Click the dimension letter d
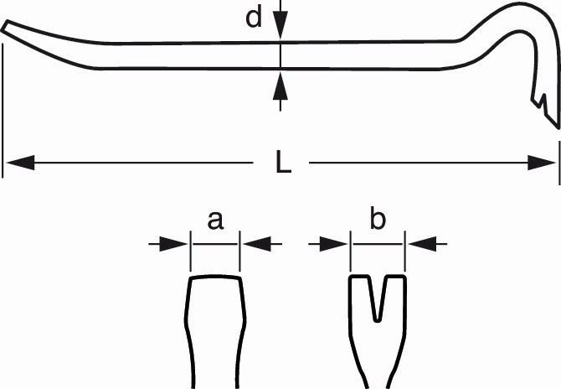click(254, 18)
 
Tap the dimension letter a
click(215, 220)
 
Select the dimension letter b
click(378, 220)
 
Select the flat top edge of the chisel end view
click(215, 277)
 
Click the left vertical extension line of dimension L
click(4, 109)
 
